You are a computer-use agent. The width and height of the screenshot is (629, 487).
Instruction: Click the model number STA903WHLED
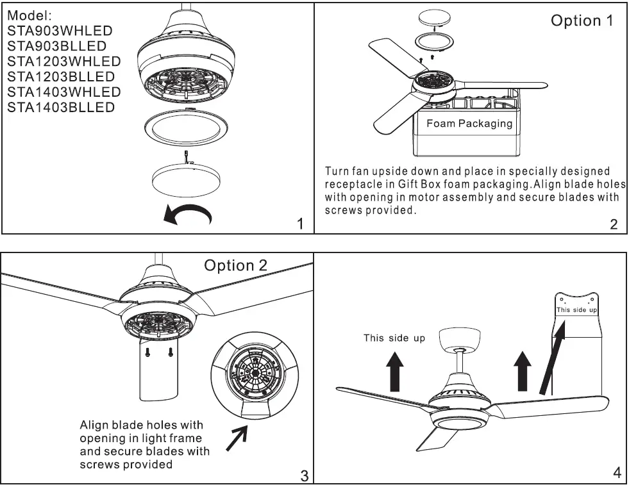[60, 30]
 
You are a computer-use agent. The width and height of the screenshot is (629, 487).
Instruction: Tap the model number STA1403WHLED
[63, 92]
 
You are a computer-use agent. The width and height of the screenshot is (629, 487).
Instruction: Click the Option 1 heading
[582, 21]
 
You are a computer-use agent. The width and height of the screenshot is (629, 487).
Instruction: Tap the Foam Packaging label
[469, 124]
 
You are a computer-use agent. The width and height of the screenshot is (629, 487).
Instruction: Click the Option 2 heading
[235, 265]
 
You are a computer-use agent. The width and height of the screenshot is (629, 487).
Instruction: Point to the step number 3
[304, 475]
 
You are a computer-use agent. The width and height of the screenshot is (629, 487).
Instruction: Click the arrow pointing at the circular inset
[238, 440]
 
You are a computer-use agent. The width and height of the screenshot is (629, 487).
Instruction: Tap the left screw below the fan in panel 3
[147, 352]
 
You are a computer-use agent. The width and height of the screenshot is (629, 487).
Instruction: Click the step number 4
[617, 473]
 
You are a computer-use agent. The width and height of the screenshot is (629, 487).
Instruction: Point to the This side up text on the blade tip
[576, 310]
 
